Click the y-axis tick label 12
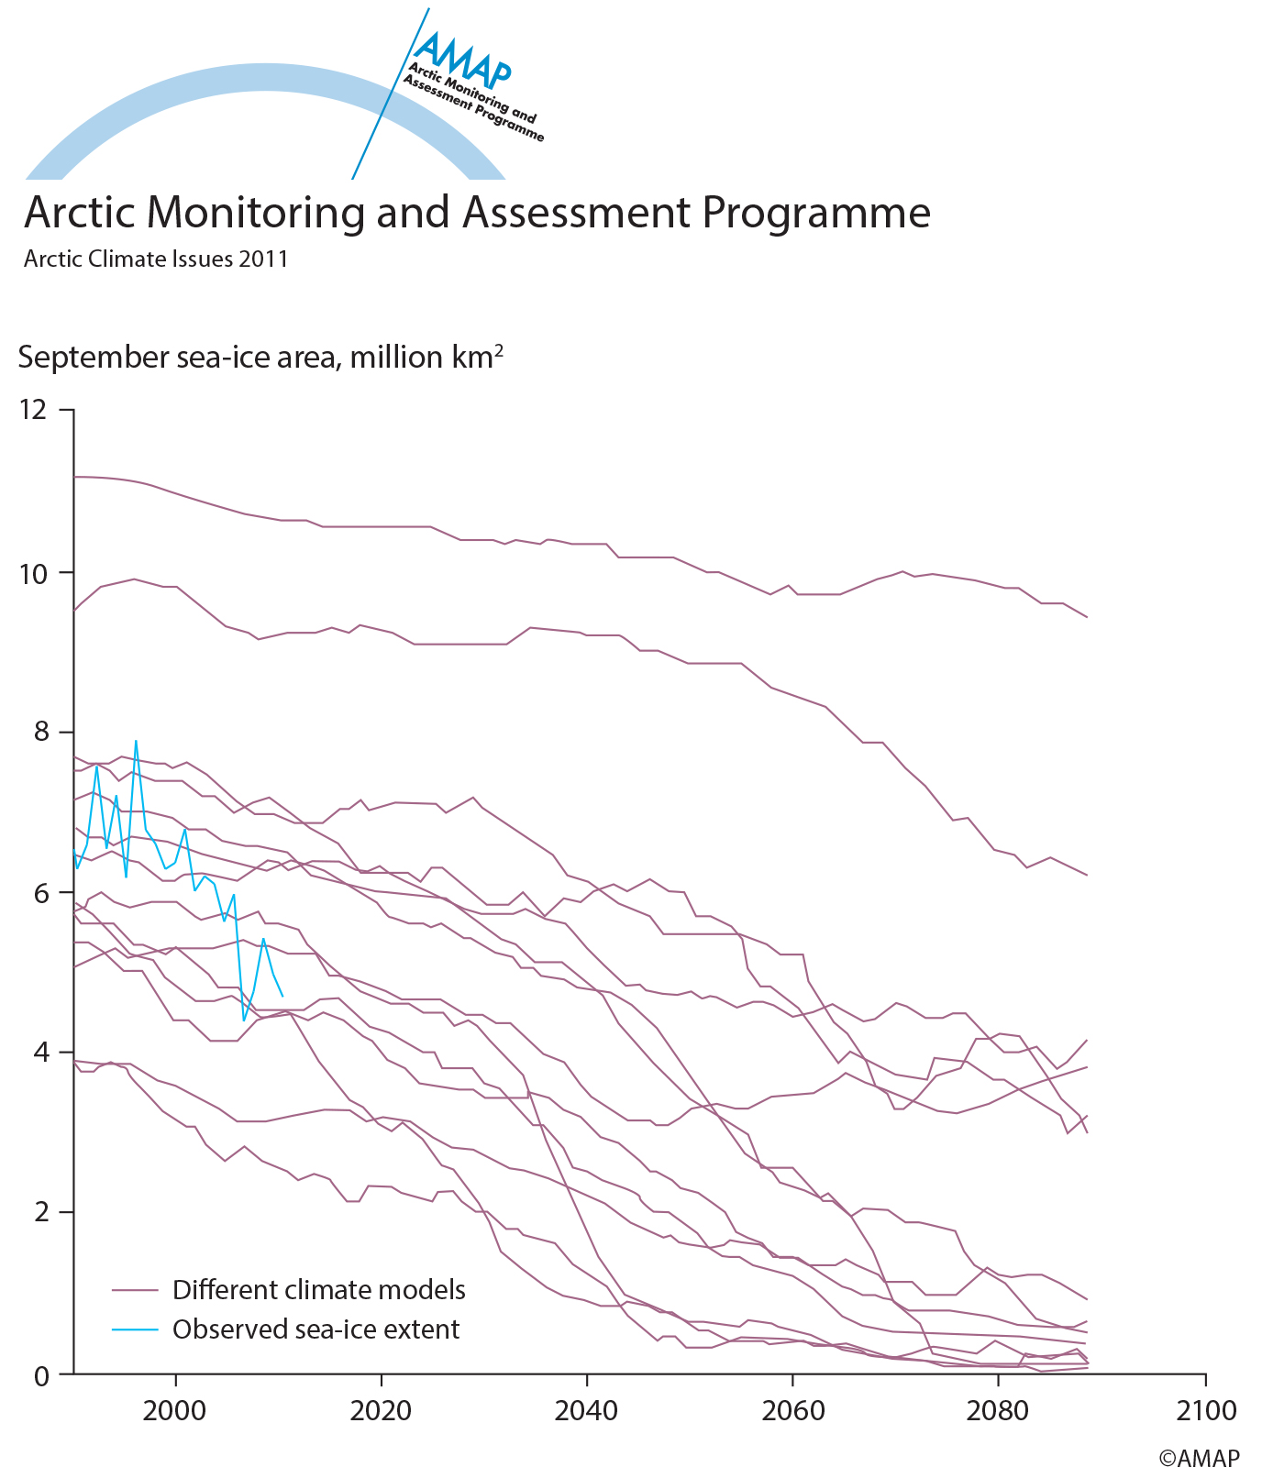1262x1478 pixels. (x=32, y=410)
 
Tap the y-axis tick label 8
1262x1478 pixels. (x=39, y=733)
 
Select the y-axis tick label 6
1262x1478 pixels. (x=39, y=893)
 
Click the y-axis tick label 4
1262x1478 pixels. (x=39, y=1053)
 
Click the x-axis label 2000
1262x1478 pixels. (x=174, y=1410)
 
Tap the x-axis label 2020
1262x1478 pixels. (x=380, y=1410)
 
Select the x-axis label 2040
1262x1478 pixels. (x=585, y=1410)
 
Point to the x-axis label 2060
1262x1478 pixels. (x=791, y=1410)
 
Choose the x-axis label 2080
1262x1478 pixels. (x=997, y=1410)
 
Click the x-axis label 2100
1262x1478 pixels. (x=1205, y=1410)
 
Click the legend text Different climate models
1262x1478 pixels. (x=319, y=1290)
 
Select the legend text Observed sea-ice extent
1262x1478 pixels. (x=315, y=1329)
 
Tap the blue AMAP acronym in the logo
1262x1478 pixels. (x=462, y=57)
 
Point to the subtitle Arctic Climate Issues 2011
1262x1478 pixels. (x=156, y=259)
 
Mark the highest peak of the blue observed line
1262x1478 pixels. (x=136, y=741)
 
